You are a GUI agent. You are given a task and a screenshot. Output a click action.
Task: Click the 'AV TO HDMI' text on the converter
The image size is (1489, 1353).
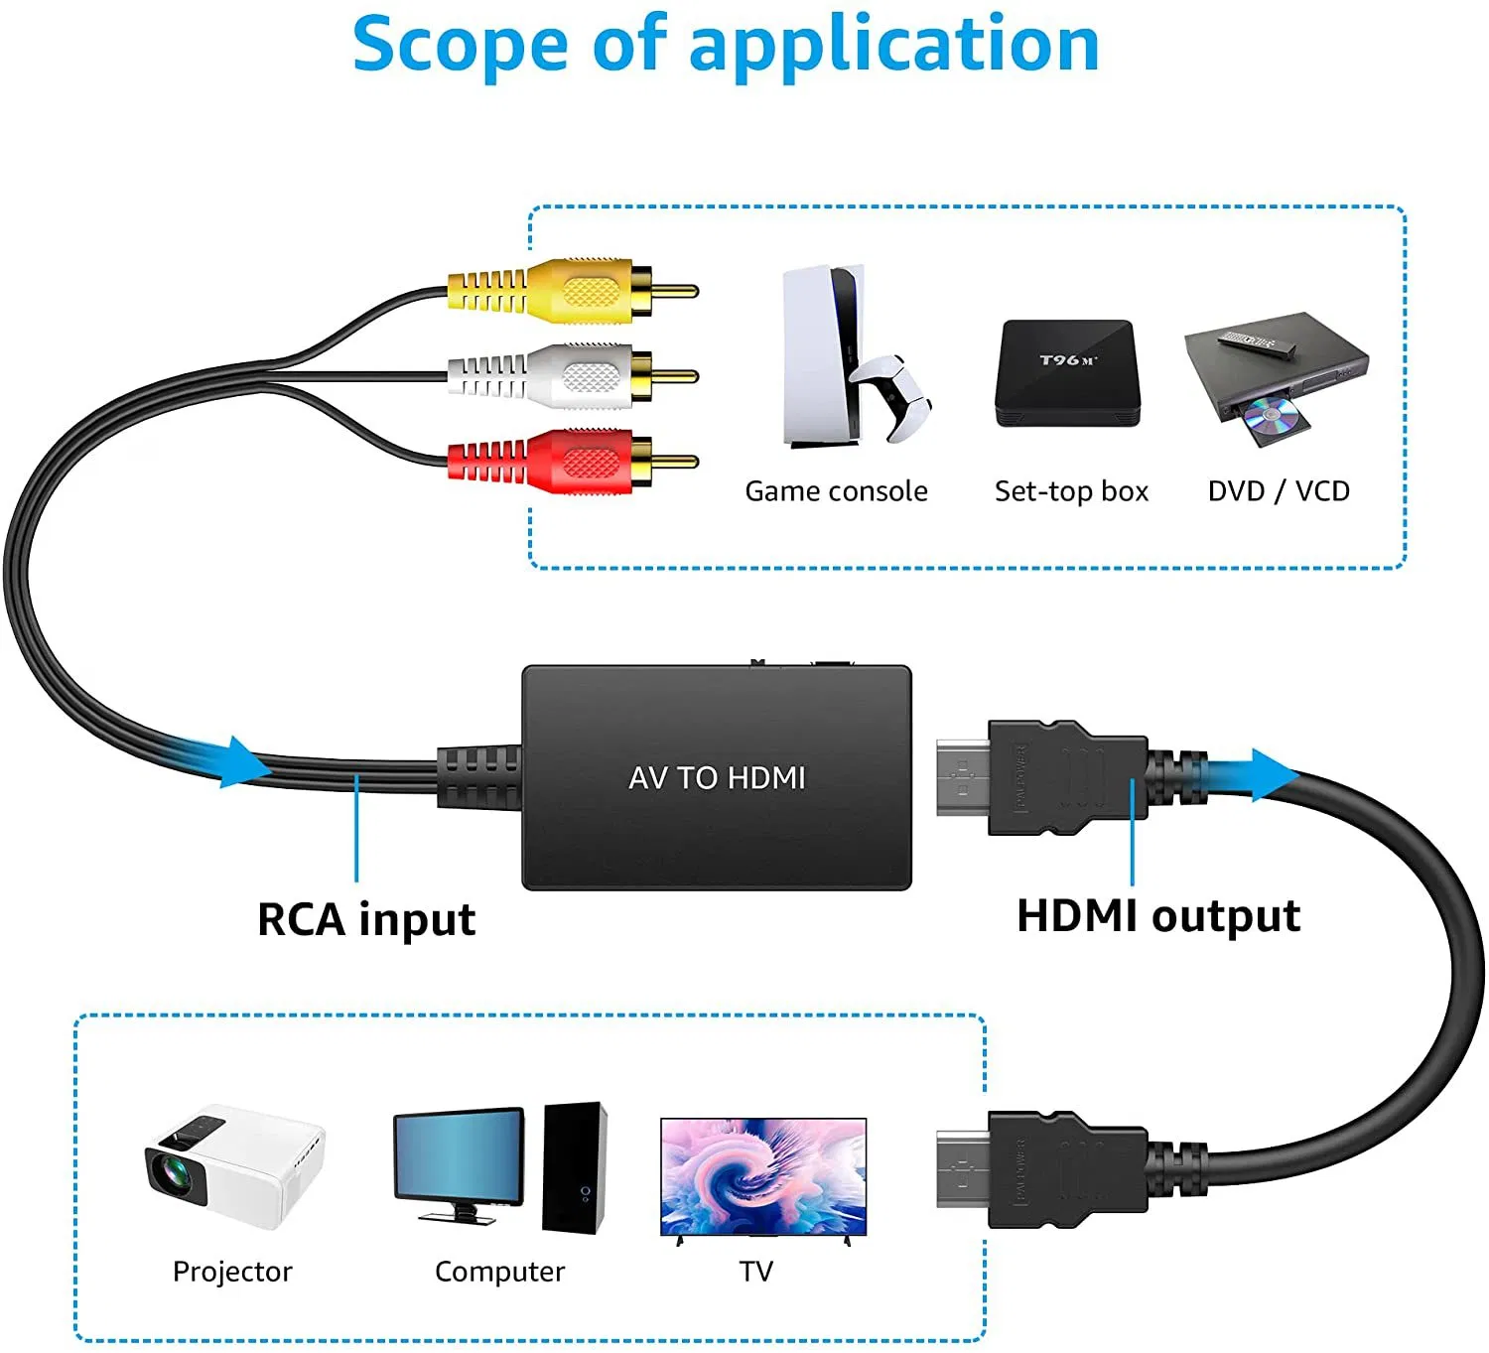(717, 777)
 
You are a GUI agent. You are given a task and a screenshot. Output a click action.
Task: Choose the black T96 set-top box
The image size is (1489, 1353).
(1068, 373)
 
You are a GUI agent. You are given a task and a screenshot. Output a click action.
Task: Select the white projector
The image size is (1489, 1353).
(234, 1166)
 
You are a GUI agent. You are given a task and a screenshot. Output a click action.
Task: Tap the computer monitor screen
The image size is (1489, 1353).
(459, 1156)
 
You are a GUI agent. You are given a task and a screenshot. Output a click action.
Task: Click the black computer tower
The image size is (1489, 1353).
(575, 1166)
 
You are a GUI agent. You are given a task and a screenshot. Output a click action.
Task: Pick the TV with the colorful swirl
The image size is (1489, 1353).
(763, 1176)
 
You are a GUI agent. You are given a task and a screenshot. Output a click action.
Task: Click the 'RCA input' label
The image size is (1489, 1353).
(366, 919)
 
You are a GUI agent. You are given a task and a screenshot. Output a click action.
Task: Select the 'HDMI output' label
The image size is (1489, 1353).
(1158, 915)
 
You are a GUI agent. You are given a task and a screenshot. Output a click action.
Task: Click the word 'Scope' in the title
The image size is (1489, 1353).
(460, 46)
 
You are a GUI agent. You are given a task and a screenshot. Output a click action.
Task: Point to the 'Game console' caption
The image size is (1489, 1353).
(836, 491)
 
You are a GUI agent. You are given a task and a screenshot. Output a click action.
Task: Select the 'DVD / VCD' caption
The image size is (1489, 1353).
(1279, 491)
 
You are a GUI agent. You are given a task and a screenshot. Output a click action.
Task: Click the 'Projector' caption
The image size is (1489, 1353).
(232, 1272)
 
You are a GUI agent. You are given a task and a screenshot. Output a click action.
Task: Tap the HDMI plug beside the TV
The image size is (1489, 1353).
(1042, 1169)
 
